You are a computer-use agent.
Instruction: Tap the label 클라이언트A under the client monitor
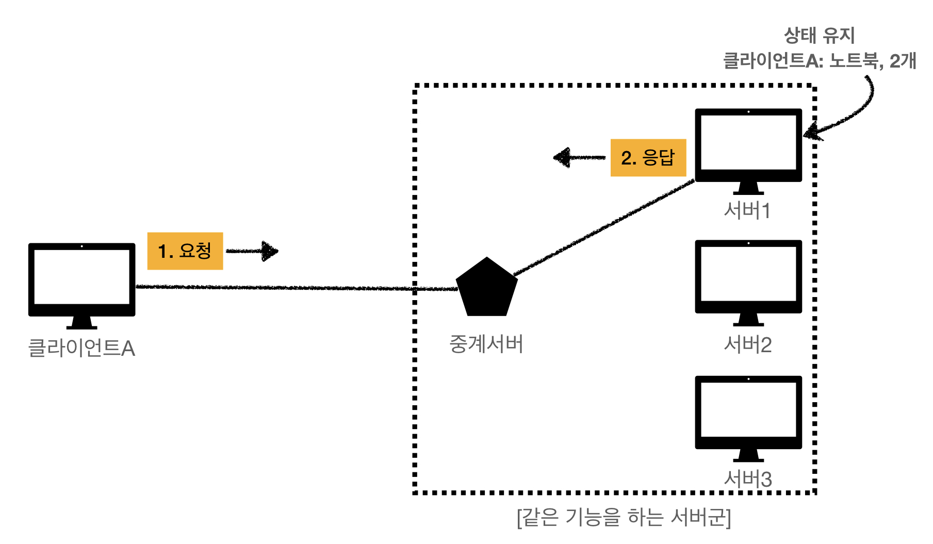tap(81, 349)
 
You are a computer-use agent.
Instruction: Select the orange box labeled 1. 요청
tap(185, 251)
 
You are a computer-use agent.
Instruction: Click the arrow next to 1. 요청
tap(253, 251)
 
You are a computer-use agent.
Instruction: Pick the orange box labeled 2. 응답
tap(648, 158)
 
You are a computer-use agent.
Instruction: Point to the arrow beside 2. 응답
tap(579, 157)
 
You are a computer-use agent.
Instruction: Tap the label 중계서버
tap(486, 344)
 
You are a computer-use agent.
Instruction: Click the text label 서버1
tap(747, 210)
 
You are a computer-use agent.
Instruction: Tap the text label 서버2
tap(748, 344)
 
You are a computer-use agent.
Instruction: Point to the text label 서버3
tap(748, 479)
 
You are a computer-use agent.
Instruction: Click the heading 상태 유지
tap(820, 36)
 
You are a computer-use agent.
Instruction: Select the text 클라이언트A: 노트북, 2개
tap(820, 61)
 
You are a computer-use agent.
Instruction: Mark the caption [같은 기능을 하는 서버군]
tap(624, 517)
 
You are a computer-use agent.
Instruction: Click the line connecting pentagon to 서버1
tap(603, 227)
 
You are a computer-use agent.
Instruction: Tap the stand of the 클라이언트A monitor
tap(81, 323)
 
